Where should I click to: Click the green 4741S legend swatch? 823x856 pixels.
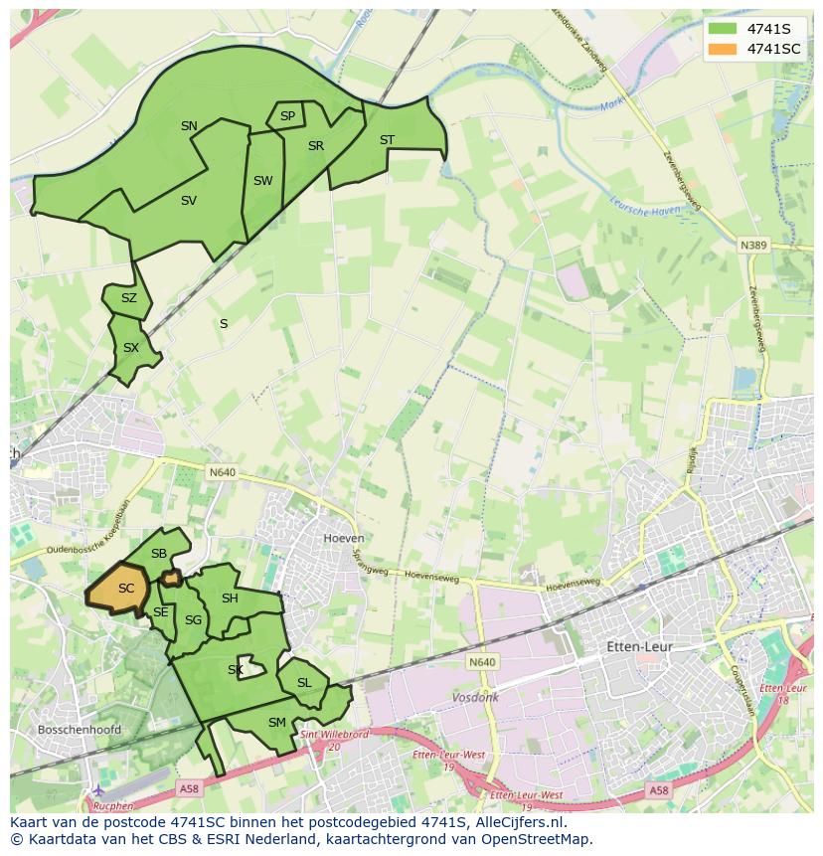723,29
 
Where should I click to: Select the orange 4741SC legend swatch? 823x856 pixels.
723,49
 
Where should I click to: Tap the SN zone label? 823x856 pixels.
189,126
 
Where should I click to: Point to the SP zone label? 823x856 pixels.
287,116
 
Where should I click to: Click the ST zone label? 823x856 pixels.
387,140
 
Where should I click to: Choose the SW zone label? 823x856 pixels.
262,181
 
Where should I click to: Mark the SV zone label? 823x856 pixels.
189,201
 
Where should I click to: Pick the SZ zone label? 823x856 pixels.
129,298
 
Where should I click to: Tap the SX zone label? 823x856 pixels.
131,348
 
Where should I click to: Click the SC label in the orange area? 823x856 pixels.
126,589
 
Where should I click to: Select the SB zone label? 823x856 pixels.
159,554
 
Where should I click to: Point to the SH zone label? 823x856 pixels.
230,599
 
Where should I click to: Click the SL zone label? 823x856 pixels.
304,683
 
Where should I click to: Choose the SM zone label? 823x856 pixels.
277,723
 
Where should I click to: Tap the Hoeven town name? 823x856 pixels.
344,538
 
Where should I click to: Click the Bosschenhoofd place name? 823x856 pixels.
79,730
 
